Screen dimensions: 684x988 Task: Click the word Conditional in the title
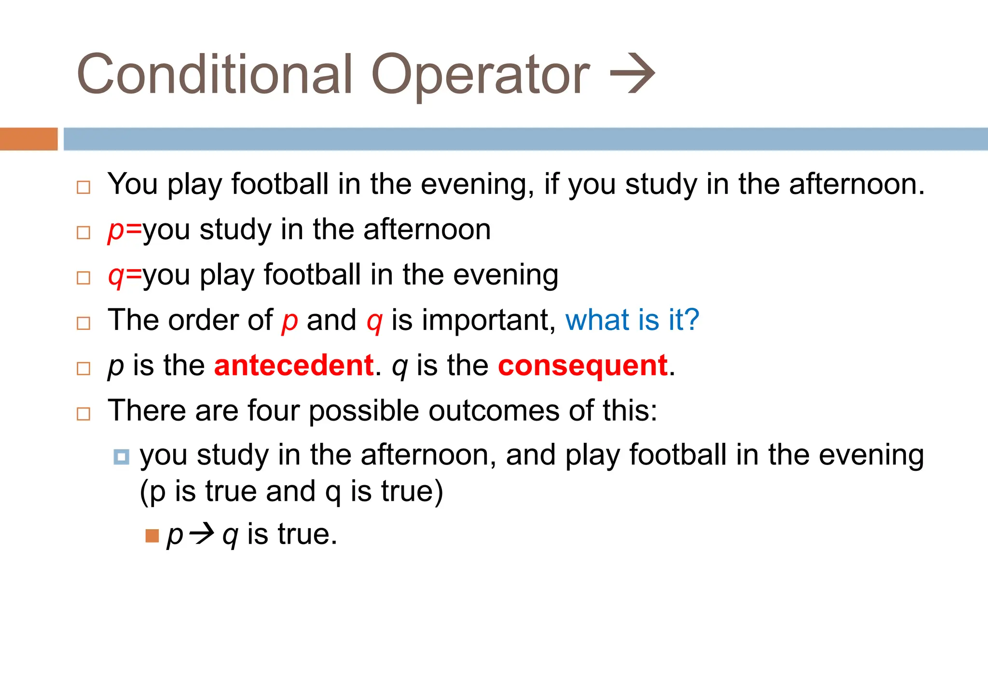click(x=215, y=75)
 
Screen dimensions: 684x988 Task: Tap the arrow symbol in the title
click(x=632, y=74)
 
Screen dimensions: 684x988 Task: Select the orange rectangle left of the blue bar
click(x=28, y=139)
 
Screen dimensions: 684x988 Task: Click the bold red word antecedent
click(x=294, y=365)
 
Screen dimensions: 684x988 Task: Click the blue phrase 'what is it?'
click(x=632, y=320)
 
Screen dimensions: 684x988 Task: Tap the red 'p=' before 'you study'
click(x=124, y=230)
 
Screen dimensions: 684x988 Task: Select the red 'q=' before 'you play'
click(x=124, y=275)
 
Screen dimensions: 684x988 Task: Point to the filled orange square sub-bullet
click(x=152, y=535)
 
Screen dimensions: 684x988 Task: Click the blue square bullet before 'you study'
click(x=121, y=456)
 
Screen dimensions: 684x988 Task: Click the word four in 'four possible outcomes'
click(x=273, y=410)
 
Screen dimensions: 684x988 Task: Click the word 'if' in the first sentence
click(x=551, y=184)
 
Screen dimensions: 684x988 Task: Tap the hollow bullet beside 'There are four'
click(x=83, y=413)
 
